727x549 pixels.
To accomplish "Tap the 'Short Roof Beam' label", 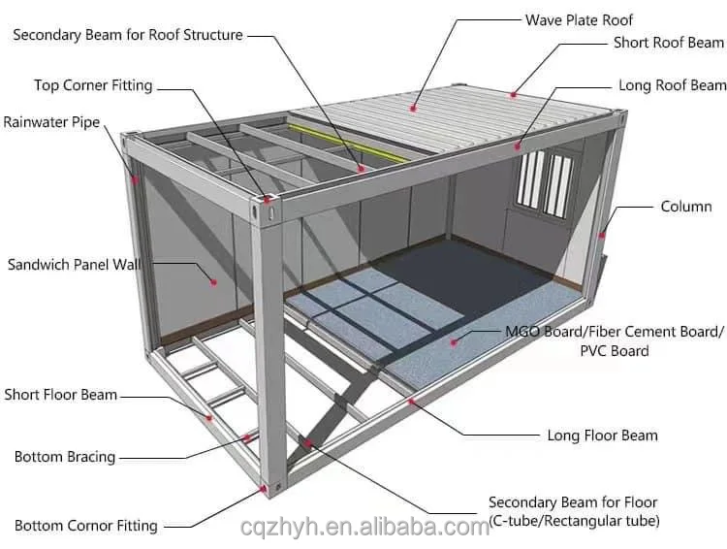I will pyautogui.click(x=668, y=43).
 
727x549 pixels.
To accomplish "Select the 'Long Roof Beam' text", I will pyautogui.click(x=672, y=85).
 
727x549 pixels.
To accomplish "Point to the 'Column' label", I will pyautogui.click(x=685, y=207).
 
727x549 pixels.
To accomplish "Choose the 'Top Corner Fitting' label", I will pyautogui.click(x=93, y=85).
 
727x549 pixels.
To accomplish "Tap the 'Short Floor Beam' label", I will pyautogui.click(x=60, y=395).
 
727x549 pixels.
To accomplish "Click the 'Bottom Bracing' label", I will pyautogui.click(x=64, y=457).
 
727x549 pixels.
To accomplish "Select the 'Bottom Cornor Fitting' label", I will pyautogui.click(x=85, y=526).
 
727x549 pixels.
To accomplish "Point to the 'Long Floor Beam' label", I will pyautogui.click(x=602, y=436).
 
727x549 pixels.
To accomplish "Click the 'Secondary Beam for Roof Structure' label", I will pyautogui.click(x=127, y=35).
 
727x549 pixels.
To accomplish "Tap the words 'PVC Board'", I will pyautogui.click(x=615, y=350).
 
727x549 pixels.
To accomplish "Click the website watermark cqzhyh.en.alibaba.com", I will pyautogui.click(x=364, y=528).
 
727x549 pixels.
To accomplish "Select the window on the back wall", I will pyautogui.click(x=545, y=181).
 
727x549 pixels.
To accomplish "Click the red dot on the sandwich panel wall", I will pyautogui.click(x=213, y=282).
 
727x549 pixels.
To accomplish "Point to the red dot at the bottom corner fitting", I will pyautogui.click(x=265, y=490).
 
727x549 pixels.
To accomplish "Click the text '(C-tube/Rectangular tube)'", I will pyautogui.click(x=574, y=521).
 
